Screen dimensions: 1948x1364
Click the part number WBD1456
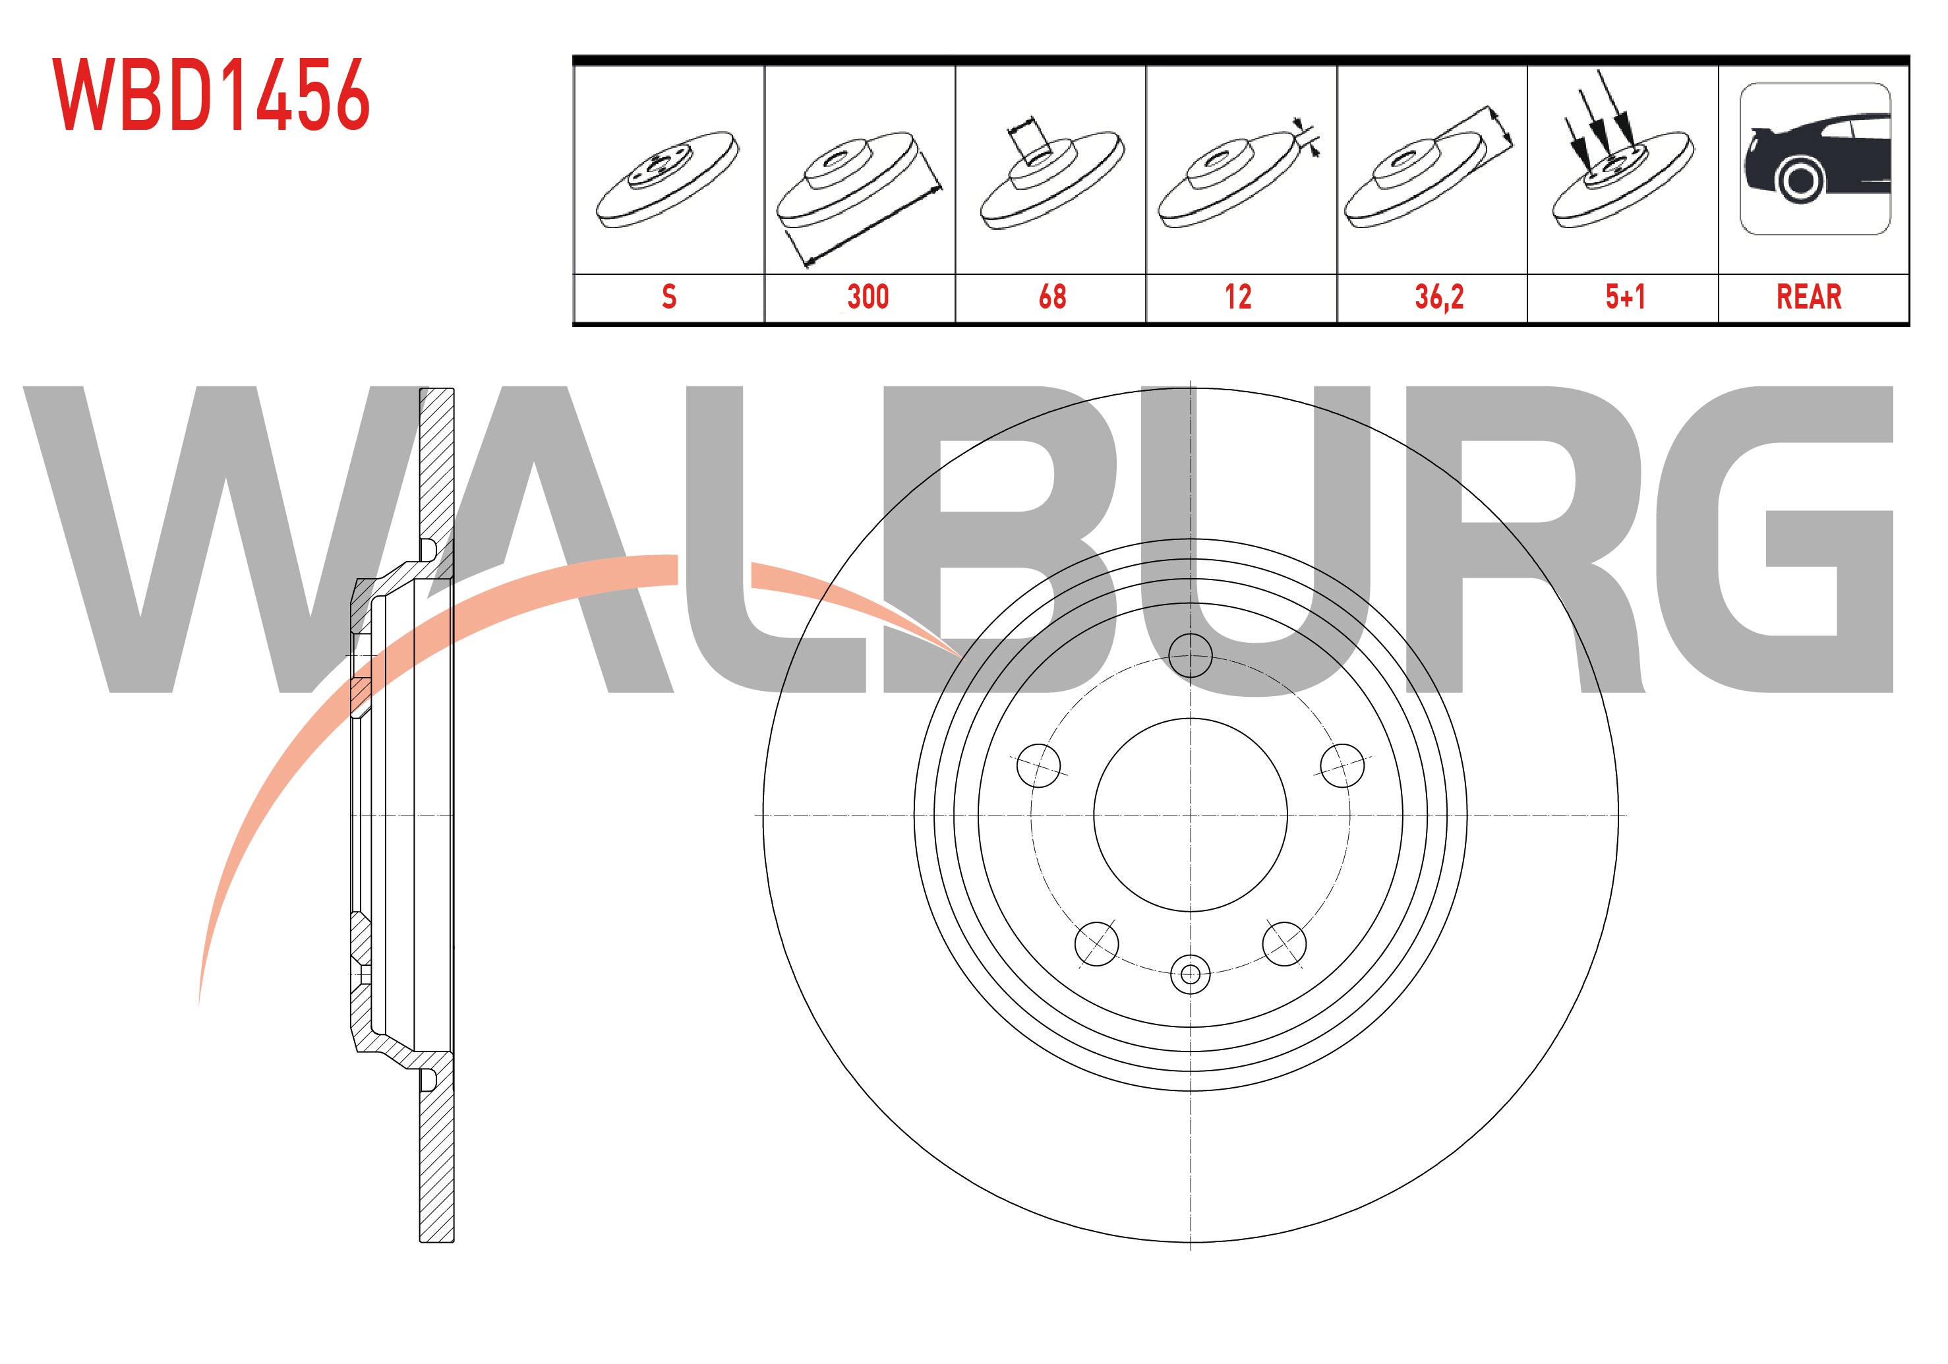211,94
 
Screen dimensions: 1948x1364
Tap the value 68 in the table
1052,297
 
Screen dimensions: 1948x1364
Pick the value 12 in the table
1238,297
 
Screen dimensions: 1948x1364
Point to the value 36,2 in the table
1439,297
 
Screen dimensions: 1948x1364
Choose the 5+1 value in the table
1625,297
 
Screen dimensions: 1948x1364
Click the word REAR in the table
1809,297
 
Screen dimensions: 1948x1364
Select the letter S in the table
668,297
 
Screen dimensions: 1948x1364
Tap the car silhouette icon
1815,159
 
